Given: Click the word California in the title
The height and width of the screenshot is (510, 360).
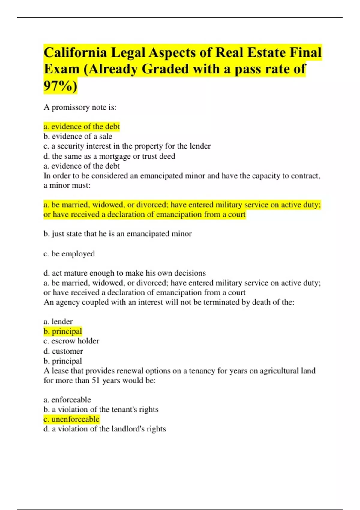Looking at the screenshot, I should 75,53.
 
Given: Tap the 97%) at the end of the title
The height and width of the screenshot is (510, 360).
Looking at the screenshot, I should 60,86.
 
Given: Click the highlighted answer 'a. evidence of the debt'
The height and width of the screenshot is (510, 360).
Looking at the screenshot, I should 82,127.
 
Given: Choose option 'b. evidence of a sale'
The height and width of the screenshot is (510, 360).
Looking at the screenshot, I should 78,136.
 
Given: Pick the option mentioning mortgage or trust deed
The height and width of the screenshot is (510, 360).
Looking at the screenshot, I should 109,156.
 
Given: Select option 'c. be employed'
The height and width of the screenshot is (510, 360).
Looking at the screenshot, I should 69,254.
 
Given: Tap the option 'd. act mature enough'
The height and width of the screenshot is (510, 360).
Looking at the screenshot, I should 124,273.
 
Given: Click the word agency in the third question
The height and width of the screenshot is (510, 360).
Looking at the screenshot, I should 68,302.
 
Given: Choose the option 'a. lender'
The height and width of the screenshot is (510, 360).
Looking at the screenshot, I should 58,322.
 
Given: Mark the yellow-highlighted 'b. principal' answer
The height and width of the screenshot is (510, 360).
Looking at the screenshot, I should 63,331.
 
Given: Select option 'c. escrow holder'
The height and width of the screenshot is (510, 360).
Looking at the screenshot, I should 71,341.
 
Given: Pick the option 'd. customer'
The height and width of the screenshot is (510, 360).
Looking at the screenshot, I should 63,351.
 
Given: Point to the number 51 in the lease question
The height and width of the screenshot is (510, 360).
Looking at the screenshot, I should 95,381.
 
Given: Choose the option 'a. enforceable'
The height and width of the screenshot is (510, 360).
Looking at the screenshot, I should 67,400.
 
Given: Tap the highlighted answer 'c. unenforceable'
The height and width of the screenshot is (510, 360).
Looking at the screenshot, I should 71,419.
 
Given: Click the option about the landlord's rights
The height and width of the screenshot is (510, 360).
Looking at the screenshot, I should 105,429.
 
